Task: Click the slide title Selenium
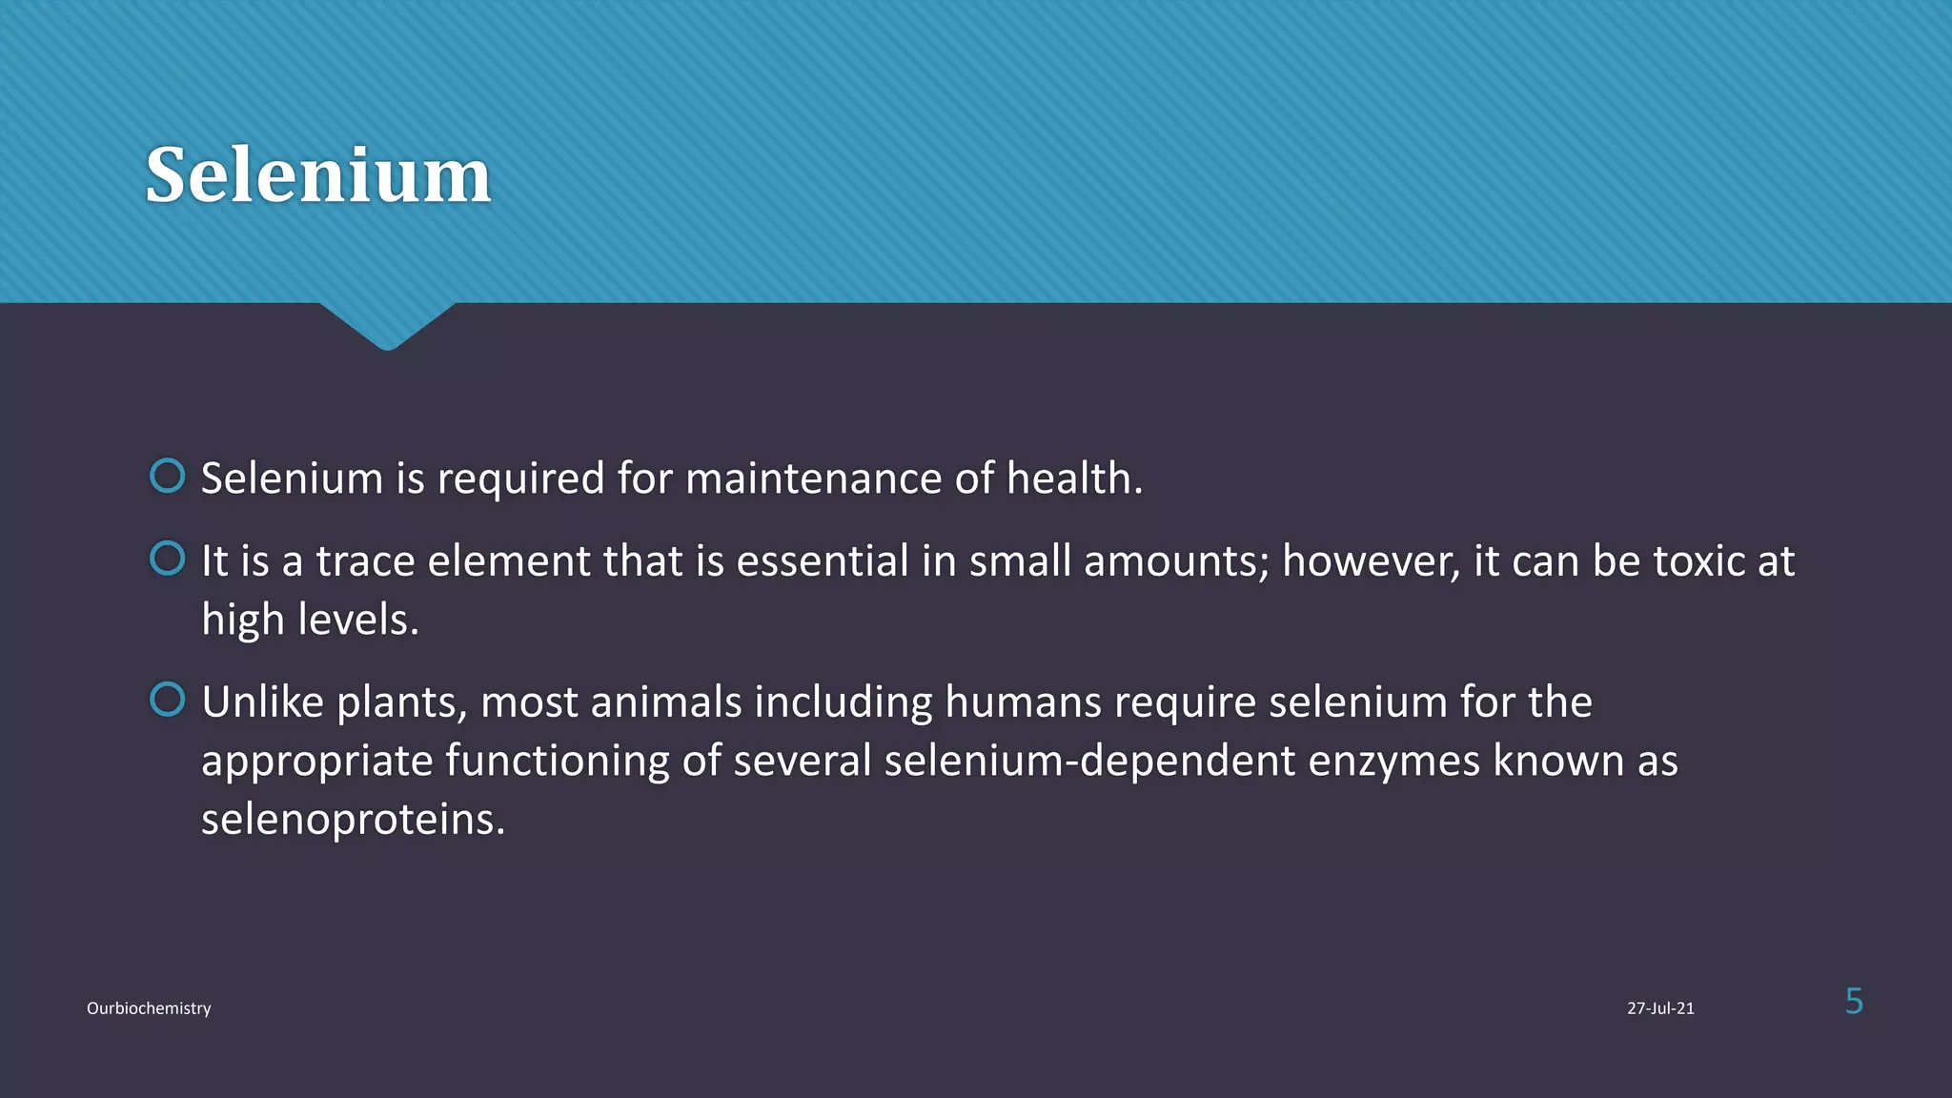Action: coord(317,175)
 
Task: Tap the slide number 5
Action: coord(1854,1002)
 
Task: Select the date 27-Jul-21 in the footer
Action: coord(1660,1008)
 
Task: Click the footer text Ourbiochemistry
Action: coord(149,1008)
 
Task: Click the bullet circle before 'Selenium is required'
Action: coord(168,476)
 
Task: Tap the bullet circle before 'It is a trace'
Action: coord(168,559)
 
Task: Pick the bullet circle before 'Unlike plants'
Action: coord(168,700)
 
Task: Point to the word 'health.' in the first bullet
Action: coord(1074,478)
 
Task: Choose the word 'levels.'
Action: coord(358,620)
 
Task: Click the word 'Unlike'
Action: coord(263,702)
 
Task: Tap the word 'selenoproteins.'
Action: coord(353,820)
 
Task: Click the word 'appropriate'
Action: coord(316,762)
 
